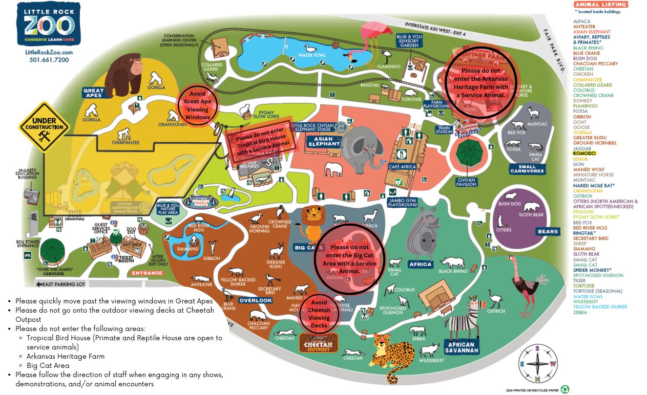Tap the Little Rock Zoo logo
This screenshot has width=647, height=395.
click(x=49, y=24)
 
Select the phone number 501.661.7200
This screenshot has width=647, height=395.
click(x=49, y=60)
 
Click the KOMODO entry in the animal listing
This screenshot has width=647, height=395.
click(x=582, y=153)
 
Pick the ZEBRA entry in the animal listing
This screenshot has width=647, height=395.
click(x=580, y=312)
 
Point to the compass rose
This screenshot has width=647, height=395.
click(x=537, y=363)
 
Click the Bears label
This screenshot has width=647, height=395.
click(x=548, y=232)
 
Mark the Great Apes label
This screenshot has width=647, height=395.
click(x=94, y=93)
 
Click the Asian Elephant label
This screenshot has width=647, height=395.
click(x=324, y=141)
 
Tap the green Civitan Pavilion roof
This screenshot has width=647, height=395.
click(x=467, y=155)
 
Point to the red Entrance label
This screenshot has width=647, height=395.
click(x=147, y=273)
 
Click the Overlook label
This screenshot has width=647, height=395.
click(x=255, y=300)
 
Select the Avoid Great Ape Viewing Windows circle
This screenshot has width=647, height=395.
click(x=197, y=105)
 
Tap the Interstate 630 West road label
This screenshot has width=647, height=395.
click(x=435, y=29)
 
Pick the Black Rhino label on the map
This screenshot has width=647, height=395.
click(x=453, y=271)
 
